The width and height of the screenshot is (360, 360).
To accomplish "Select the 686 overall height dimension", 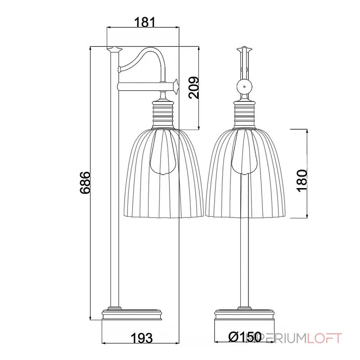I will [85, 183].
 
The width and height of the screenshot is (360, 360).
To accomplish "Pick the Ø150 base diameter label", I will [245, 336].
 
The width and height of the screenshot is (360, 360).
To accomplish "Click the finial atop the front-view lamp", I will [244, 49].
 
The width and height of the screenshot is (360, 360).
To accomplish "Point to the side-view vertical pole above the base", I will [115, 225].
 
